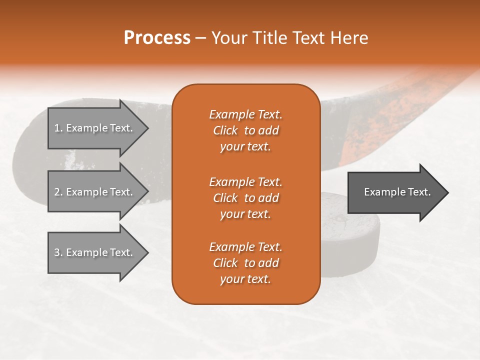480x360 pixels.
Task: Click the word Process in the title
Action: coord(157,37)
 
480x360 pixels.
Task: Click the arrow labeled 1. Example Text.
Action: coord(95,128)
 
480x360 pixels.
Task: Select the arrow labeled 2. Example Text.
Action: coord(95,192)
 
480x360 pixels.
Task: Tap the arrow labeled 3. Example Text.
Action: coord(95,252)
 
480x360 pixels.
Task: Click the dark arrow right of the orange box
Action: coord(395,192)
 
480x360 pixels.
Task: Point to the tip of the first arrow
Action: coord(147,128)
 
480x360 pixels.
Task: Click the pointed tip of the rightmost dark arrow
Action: coord(447,192)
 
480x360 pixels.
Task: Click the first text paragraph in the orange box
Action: coord(245,130)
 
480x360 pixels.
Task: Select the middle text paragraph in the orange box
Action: coord(245,198)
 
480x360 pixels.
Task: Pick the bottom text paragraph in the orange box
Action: coord(245,263)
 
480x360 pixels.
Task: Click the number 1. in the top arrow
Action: coord(58,128)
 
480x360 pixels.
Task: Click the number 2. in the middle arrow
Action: coord(58,192)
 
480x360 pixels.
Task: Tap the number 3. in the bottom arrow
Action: coord(58,252)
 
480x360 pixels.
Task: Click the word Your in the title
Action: coord(227,38)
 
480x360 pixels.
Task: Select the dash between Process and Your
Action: coord(200,38)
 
